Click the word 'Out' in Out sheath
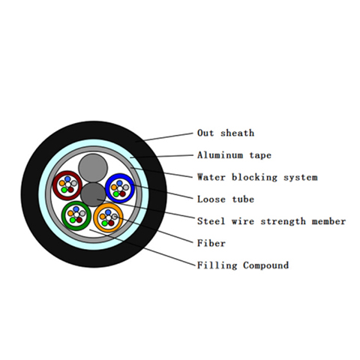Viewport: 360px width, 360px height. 205,133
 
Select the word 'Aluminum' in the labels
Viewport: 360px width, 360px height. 220,155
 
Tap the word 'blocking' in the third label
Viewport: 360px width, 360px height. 254,178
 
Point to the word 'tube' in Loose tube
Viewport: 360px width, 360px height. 243,199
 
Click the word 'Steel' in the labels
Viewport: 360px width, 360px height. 211,221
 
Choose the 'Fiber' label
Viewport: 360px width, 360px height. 211,243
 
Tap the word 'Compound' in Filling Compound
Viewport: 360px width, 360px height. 266,265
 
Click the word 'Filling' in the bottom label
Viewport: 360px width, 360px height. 217,265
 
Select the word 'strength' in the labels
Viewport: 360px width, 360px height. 283,221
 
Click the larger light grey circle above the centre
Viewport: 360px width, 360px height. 93,168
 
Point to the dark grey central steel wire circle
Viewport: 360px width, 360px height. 93,195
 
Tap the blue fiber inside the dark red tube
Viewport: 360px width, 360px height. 67,179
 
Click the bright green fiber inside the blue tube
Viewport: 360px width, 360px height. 115,194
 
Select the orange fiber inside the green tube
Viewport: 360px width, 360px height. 70,213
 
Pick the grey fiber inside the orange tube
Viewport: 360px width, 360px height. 115,217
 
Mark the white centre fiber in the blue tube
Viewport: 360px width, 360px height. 120,189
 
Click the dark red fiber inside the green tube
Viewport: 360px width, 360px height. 79,220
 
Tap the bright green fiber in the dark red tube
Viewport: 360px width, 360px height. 64,190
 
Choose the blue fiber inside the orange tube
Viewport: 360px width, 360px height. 108,212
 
